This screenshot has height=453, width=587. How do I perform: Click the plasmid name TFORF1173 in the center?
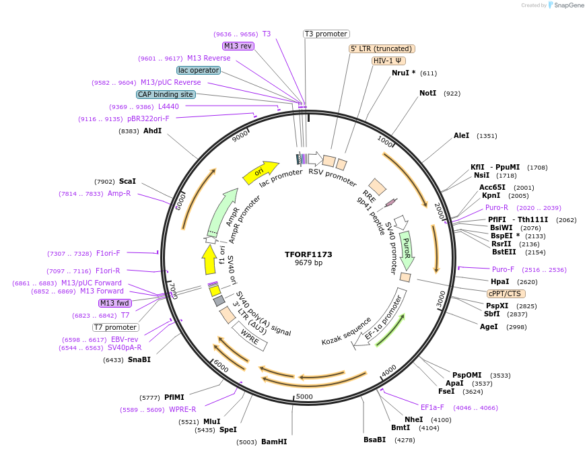(308, 254)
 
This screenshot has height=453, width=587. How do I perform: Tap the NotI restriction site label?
(427, 94)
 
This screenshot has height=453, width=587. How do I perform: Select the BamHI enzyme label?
(274, 442)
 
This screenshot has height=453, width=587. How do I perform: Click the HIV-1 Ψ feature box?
(388, 61)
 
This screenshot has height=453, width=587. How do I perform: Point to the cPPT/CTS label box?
(506, 293)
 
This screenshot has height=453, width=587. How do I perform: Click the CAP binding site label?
(166, 94)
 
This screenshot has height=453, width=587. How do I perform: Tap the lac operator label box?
(199, 70)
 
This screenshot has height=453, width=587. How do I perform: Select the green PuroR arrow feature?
(407, 247)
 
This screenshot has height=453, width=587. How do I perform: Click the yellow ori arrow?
(260, 172)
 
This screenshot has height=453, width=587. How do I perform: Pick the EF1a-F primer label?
(432, 407)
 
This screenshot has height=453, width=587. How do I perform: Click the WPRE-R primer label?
(182, 409)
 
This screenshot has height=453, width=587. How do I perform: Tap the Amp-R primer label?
(119, 193)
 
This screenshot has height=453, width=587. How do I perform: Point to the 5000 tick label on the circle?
(304, 396)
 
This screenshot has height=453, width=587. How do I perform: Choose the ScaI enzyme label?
(127, 181)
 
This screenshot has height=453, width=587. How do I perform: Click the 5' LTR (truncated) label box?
(382, 48)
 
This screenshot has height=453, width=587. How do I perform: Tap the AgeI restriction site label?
(489, 326)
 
